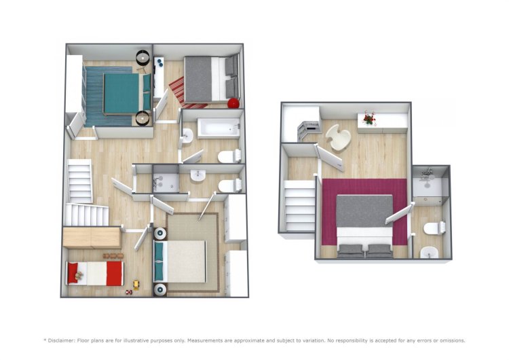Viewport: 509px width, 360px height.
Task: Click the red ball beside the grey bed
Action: [x=233, y=103]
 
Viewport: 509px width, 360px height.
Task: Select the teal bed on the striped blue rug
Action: [x=128, y=94]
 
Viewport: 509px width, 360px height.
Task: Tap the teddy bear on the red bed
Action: [x=78, y=276]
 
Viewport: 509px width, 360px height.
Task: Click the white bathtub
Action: [x=219, y=128]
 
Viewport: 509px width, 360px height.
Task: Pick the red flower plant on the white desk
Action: [x=369, y=118]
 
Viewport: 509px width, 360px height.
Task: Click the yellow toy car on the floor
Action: [x=136, y=285]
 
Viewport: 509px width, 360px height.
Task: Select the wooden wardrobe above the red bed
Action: [x=92, y=238]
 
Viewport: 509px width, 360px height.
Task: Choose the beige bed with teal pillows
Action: [x=180, y=262]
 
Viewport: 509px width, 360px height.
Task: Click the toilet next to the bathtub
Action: [x=229, y=156]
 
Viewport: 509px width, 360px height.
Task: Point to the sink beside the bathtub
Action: [x=187, y=135]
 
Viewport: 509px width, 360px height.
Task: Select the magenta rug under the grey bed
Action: [x=364, y=211]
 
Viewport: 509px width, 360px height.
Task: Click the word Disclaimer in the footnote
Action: [x=62, y=340]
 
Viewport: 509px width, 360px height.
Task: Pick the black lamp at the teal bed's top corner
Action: [x=143, y=57]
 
